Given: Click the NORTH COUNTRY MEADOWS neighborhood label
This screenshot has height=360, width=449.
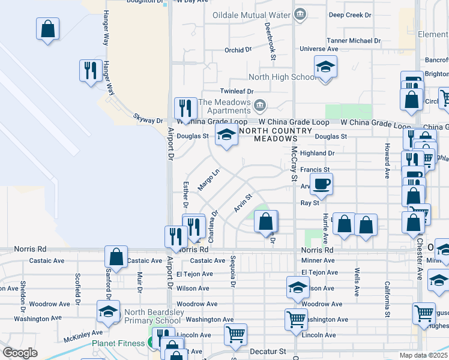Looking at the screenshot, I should click(275, 134).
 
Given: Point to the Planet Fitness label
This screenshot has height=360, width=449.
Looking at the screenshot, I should click(119, 344).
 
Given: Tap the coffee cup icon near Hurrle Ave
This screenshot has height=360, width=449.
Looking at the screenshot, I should click(321, 184).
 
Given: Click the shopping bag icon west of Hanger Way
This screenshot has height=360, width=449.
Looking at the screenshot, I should click(47, 28).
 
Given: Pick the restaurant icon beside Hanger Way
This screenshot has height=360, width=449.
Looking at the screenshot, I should click(91, 70).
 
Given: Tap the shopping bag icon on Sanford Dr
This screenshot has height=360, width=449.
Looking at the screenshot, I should click(116, 256).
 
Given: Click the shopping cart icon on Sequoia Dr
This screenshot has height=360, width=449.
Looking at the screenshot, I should click(235, 334).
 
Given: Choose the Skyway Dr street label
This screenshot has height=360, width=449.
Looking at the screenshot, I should click(148, 121).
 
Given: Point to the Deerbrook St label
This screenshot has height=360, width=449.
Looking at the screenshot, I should click(269, 35).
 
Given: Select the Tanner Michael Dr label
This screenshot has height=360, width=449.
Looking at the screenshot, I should click(354, 41).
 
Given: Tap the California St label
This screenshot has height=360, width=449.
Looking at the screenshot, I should click(388, 298).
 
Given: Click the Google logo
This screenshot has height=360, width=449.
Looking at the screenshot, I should click(20, 353).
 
